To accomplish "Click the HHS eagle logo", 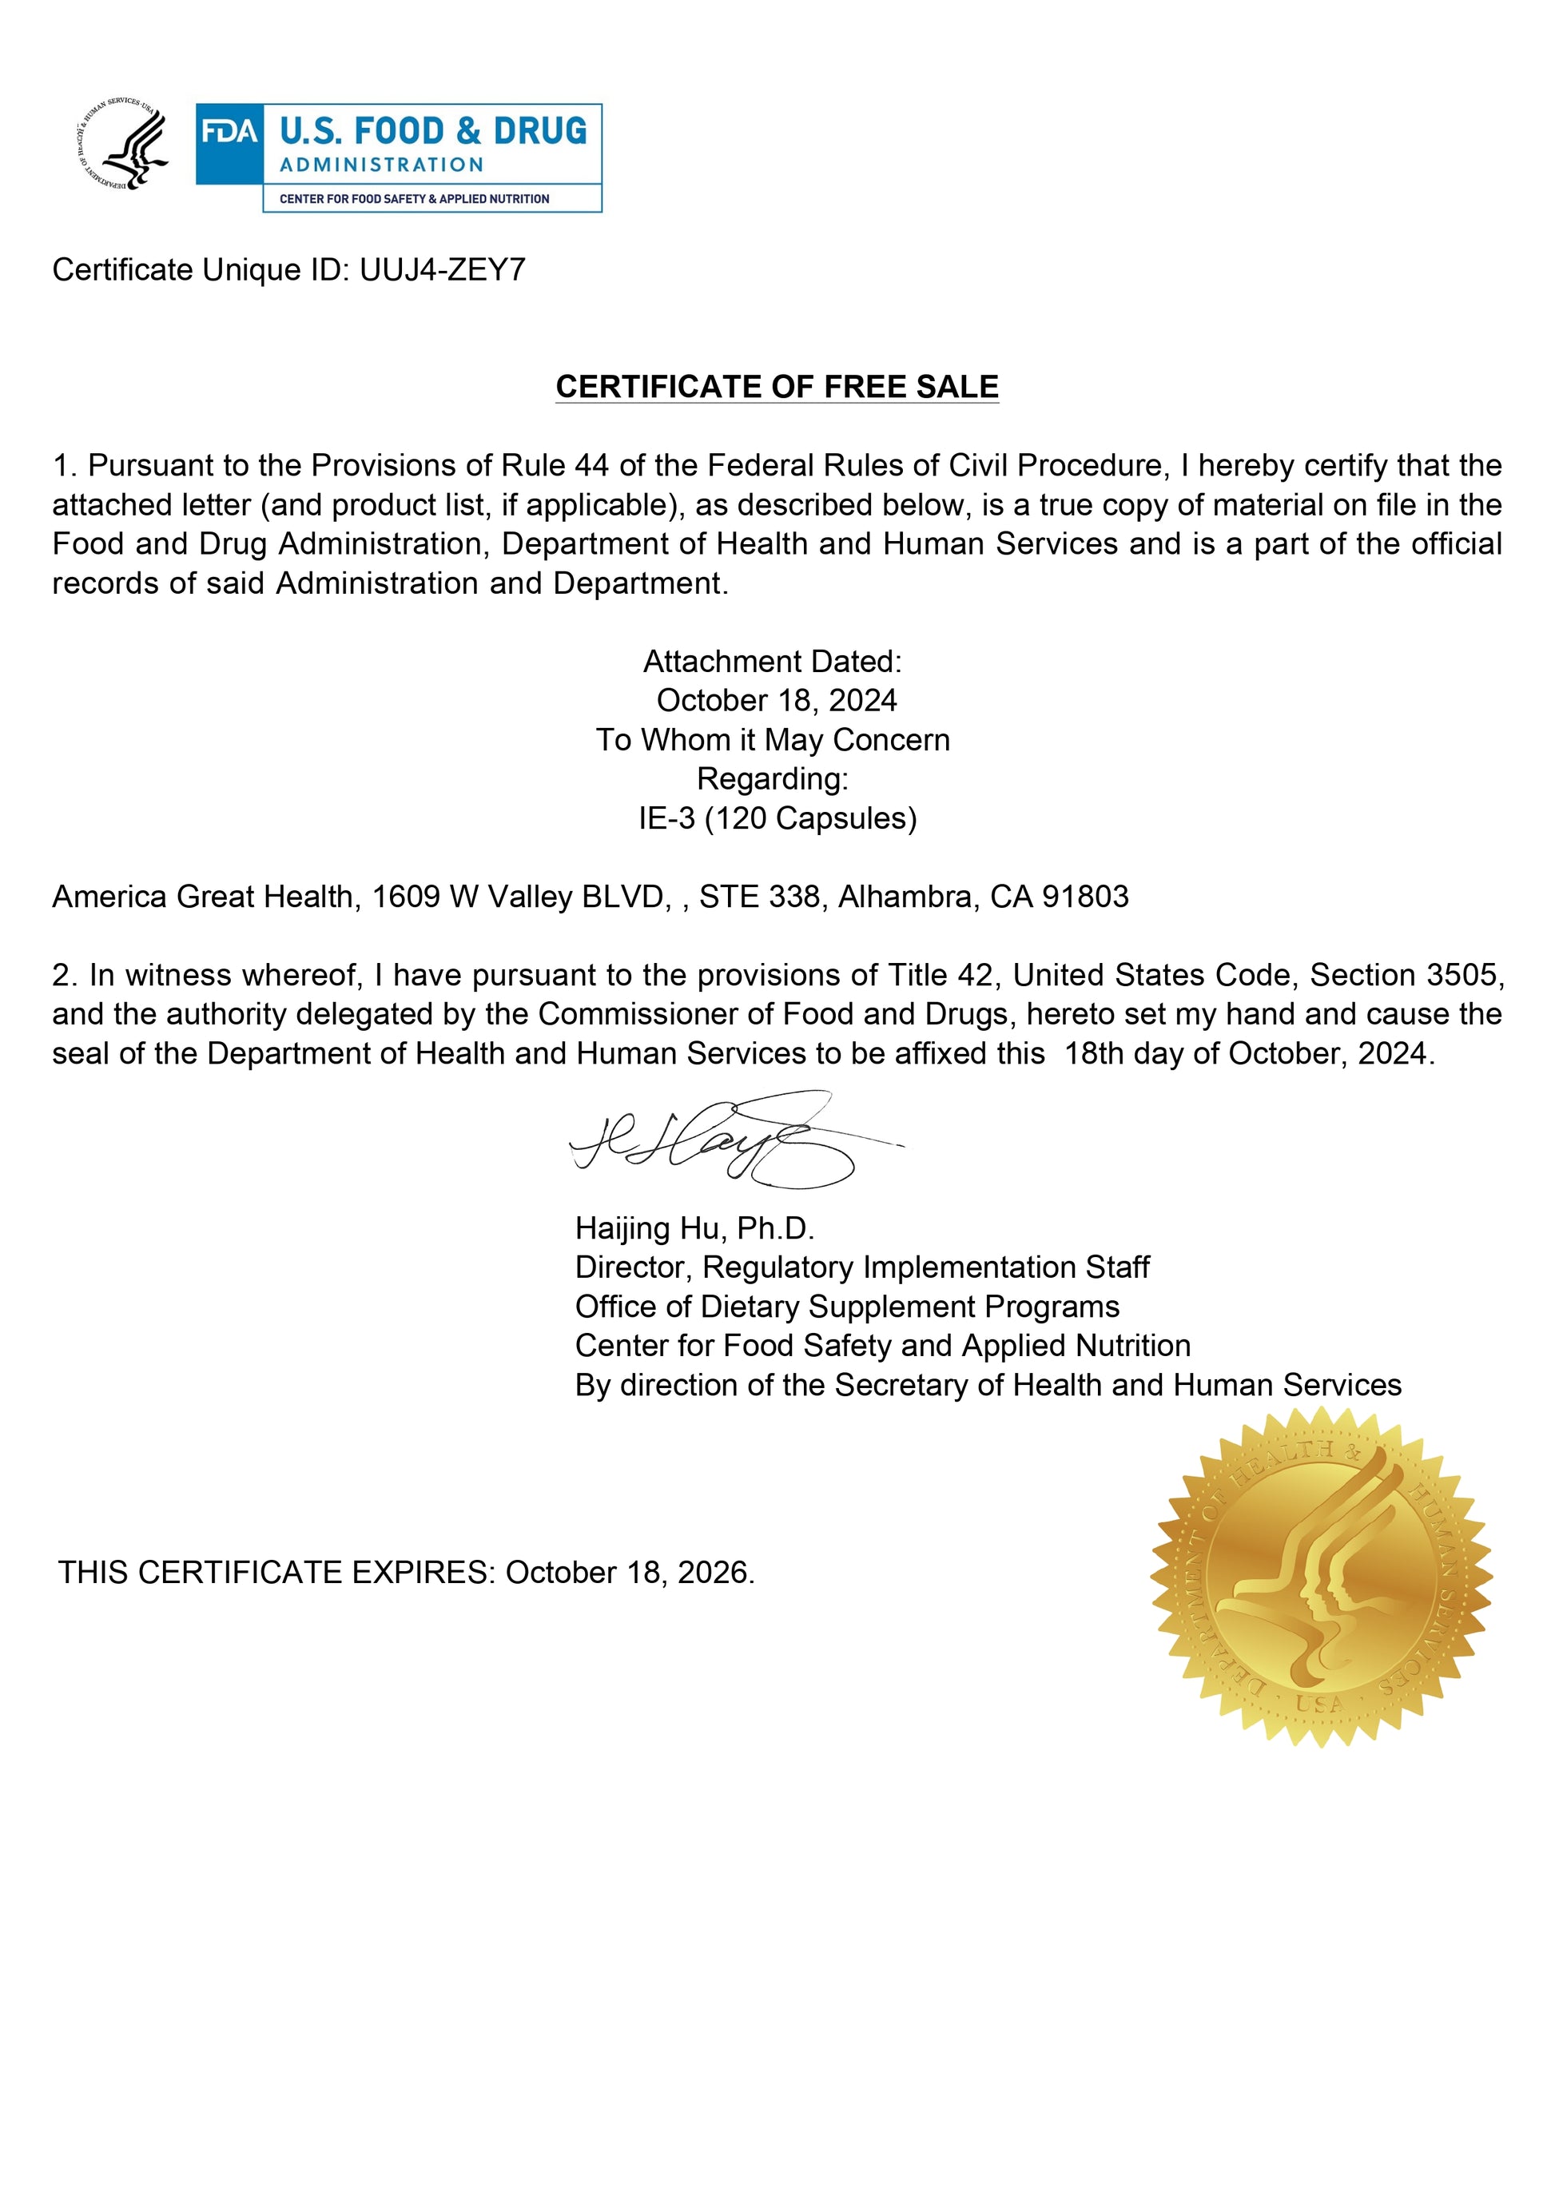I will coord(121,145).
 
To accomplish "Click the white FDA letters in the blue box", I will coord(230,131).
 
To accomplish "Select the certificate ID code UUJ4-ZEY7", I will coord(442,270).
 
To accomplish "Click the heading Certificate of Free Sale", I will coord(777,386).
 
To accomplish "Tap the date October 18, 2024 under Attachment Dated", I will coord(776,700).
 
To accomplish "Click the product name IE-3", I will coord(667,818).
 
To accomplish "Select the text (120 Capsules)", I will coord(810,818).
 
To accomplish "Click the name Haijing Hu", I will coord(651,1228).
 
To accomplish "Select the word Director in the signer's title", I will coord(631,1267).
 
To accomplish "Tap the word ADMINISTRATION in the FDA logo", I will coord(381,165).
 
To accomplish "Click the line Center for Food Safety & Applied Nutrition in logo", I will coord(414,199).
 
